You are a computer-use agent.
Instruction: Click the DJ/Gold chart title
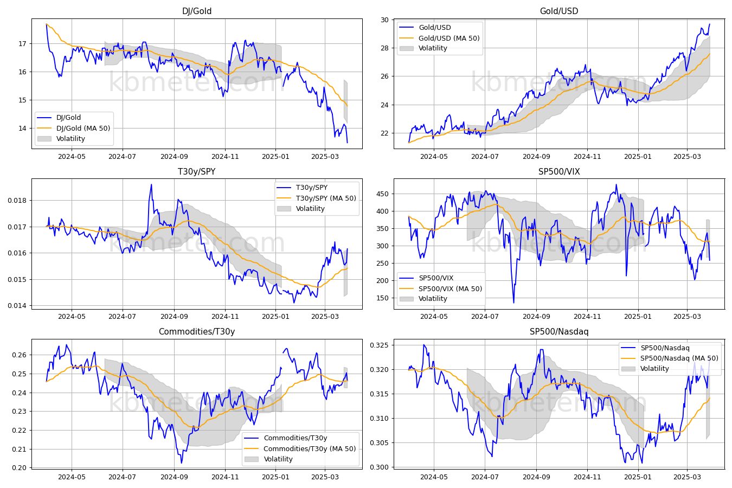coord(197,11)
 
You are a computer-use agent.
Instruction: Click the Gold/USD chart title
coord(559,11)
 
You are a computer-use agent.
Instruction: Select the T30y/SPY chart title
coord(197,171)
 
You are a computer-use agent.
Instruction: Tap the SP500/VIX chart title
coord(559,171)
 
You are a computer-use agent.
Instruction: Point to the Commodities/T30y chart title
coord(197,332)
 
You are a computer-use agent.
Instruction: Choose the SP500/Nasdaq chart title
coord(559,332)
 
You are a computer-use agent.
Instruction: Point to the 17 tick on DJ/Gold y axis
coord(22,44)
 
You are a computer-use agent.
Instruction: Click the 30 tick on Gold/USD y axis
coord(384,20)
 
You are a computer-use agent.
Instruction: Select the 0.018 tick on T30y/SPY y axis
coord(18,201)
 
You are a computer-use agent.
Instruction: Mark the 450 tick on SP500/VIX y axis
coord(383,194)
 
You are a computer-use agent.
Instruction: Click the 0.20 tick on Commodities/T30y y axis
coord(20,468)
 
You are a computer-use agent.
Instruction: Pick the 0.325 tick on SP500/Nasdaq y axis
coord(380,345)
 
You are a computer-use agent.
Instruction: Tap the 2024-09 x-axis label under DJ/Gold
coord(174,157)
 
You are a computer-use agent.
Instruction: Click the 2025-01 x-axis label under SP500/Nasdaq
coord(638,477)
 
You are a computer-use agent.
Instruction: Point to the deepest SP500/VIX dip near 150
coord(513,303)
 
